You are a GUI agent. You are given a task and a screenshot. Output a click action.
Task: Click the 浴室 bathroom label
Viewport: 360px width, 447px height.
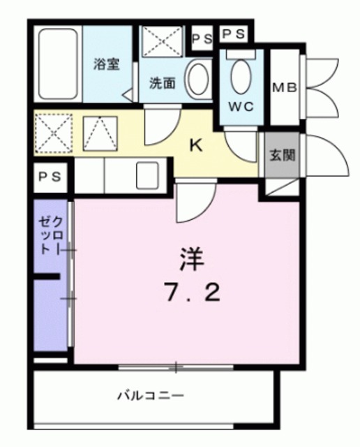click(x=107, y=64)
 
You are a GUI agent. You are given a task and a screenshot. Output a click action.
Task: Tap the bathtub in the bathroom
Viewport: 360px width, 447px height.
click(x=58, y=64)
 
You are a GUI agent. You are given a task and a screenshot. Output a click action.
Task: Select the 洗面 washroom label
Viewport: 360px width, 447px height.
click(x=162, y=83)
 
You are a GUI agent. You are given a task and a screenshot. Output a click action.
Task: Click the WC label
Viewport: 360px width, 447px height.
click(x=241, y=107)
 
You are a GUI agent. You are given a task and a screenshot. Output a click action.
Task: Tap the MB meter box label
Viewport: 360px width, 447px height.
click(x=284, y=87)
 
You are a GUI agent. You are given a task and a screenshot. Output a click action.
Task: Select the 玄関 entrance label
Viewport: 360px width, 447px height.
click(x=282, y=155)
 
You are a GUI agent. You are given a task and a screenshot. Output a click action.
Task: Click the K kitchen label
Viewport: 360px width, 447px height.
click(x=196, y=146)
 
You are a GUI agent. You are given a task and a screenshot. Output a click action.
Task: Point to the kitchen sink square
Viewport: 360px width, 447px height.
click(x=147, y=175)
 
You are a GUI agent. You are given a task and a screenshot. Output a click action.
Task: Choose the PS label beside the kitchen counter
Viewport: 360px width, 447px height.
click(x=50, y=177)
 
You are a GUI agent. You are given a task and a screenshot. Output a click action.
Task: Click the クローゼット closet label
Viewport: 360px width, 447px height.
click(x=51, y=235)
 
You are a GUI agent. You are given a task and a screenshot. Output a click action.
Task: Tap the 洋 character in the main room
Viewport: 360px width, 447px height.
click(x=191, y=259)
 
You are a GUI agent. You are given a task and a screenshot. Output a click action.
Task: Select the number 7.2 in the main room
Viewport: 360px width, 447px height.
click(x=193, y=293)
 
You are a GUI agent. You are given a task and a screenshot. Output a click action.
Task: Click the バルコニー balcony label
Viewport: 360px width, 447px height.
click(x=151, y=395)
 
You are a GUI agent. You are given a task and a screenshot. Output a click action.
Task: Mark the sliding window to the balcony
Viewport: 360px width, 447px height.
click(x=176, y=367)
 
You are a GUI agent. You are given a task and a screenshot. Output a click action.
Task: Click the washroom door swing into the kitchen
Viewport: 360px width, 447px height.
click(x=163, y=126)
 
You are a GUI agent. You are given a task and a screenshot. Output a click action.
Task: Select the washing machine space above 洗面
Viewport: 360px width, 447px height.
click(x=162, y=41)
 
